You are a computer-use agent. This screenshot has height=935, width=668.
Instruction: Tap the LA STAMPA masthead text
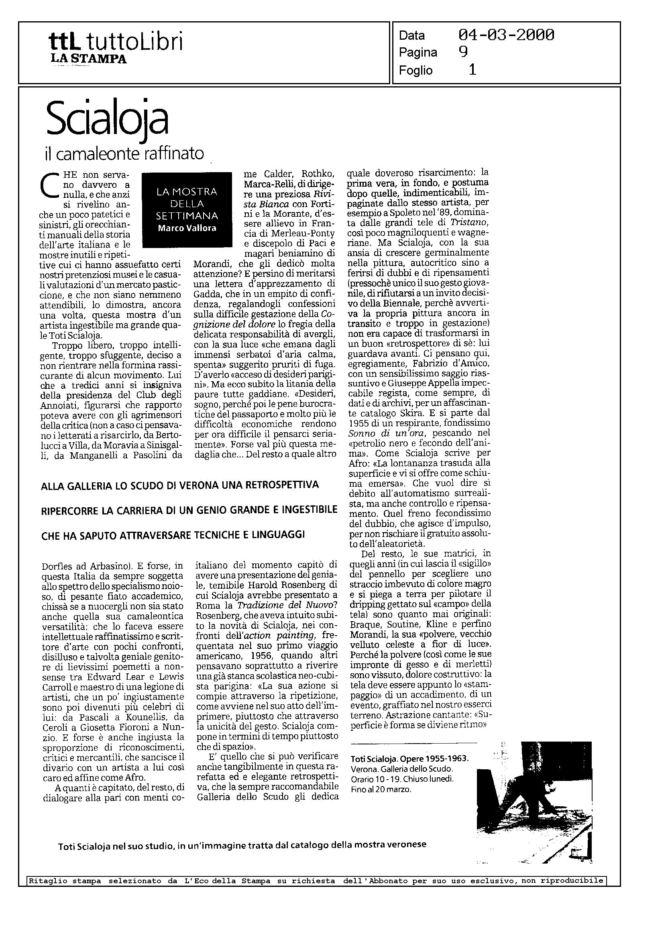(88, 59)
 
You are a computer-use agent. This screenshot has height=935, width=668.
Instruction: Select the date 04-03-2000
(506, 35)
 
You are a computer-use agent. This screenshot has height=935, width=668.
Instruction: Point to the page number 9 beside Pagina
(463, 52)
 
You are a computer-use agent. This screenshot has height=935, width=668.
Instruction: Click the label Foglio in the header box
(415, 71)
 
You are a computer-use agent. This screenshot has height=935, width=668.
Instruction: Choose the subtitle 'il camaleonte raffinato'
(124, 154)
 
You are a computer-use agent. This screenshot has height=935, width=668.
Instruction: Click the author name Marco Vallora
(187, 228)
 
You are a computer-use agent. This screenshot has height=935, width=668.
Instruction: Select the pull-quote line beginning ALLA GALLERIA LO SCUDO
(180, 485)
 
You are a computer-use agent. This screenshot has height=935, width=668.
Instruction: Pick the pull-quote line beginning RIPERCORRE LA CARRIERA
(189, 510)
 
